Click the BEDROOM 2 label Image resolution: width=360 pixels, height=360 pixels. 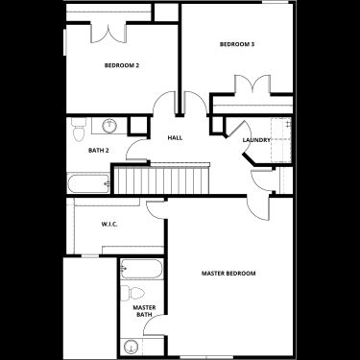coord(122,65)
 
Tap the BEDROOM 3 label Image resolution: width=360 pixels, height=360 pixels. coord(237,44)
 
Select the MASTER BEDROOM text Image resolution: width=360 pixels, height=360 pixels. coord(228,274)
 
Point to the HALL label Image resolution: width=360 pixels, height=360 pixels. coord(175,138)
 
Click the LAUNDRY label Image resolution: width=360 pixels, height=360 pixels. coord(256,140)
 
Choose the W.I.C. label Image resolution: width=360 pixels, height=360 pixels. coord(109,225)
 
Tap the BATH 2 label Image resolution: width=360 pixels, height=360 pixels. coord(99,150)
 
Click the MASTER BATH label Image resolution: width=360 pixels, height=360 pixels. coord(144,311)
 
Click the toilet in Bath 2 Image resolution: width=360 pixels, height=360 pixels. coord(79,130)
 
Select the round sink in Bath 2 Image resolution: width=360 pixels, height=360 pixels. coord(109,125)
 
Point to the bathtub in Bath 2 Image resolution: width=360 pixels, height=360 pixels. coord(88,183)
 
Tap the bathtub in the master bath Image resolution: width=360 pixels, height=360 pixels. coord(141,269)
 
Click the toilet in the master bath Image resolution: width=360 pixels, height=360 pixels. coord(132,293)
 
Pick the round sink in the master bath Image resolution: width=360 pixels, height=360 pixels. coord(130,347)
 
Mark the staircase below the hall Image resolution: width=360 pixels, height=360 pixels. coord(161,179)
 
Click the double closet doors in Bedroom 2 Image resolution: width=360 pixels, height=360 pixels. coord(108,33)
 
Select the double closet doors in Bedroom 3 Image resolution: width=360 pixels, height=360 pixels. coord(252,84)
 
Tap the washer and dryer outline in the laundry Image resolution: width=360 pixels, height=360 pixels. coord(281,140)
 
